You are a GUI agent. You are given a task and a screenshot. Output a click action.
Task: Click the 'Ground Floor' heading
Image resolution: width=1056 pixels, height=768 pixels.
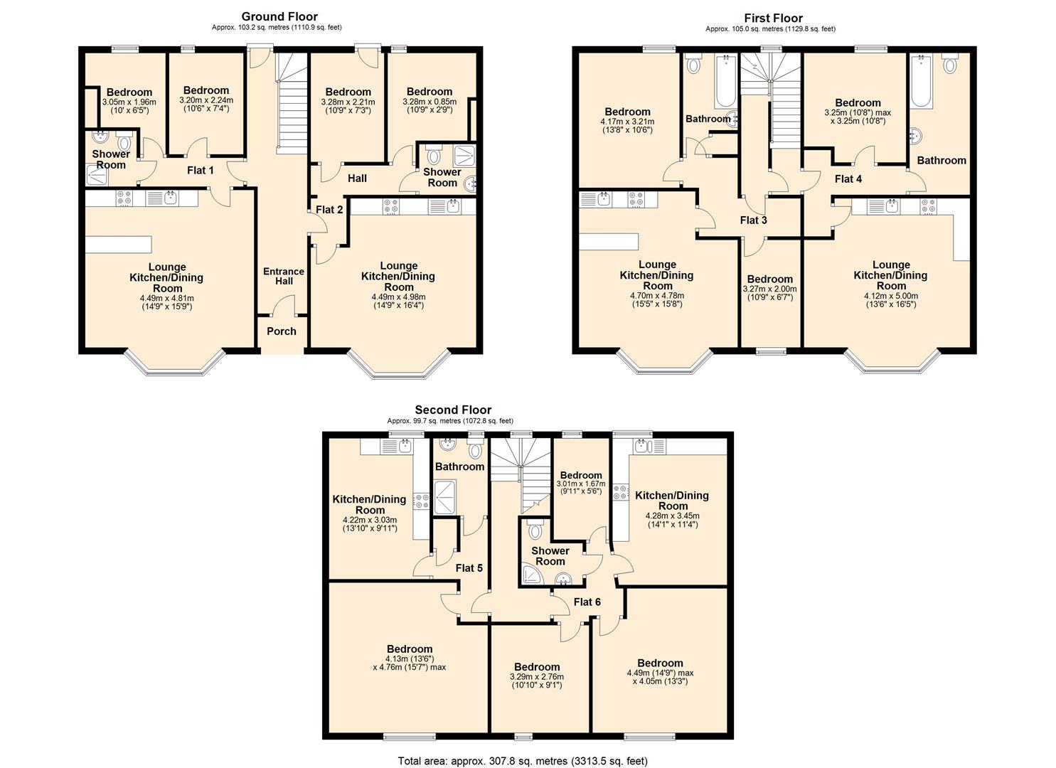click(x=279, y=16)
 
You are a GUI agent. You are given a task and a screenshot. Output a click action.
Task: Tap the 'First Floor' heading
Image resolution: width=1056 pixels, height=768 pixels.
click(x=773, y=18)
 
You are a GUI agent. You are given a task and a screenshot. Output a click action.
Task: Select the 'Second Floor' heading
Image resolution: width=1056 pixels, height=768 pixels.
click(x=453, y=410)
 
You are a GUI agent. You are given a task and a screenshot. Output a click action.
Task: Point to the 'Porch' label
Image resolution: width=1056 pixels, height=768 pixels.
click(x=282, y=331)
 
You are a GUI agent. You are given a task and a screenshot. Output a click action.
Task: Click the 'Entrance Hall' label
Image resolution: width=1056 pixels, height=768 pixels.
click(x=284, y=276)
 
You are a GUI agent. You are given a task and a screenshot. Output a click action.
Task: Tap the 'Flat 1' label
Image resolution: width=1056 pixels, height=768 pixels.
click(x=201, y=170)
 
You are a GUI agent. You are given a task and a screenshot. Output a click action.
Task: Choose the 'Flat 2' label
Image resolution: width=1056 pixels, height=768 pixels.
click(x=329, y=209)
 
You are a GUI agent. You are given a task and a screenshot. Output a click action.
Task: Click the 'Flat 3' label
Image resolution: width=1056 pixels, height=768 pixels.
click(x=753, y=220)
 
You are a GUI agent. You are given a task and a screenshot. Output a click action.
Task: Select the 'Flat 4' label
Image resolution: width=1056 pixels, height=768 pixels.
click(x=848, y=179)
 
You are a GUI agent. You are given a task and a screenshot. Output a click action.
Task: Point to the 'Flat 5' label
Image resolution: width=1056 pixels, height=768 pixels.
click(x=469, y=567)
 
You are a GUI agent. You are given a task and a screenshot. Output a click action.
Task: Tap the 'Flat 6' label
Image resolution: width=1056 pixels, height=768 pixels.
click(x=587, y=602)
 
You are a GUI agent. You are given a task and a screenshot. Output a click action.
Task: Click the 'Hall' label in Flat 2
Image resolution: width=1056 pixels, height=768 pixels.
click(x=357, y=178)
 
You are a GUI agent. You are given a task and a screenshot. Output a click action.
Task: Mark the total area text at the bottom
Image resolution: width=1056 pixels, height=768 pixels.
click(x=523, y=761)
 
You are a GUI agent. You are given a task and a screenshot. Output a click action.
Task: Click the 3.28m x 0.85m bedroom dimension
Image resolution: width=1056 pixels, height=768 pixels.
click(x=430, y=105)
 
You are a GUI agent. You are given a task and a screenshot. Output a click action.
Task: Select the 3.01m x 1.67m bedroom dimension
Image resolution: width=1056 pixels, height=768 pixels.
click(x=581, y=487)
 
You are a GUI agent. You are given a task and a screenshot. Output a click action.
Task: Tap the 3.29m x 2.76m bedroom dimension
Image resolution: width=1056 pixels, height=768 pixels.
click(x=537, y=681)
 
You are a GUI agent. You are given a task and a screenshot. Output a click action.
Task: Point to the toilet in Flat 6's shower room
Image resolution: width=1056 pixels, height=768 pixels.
click(x=535, y=531)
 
